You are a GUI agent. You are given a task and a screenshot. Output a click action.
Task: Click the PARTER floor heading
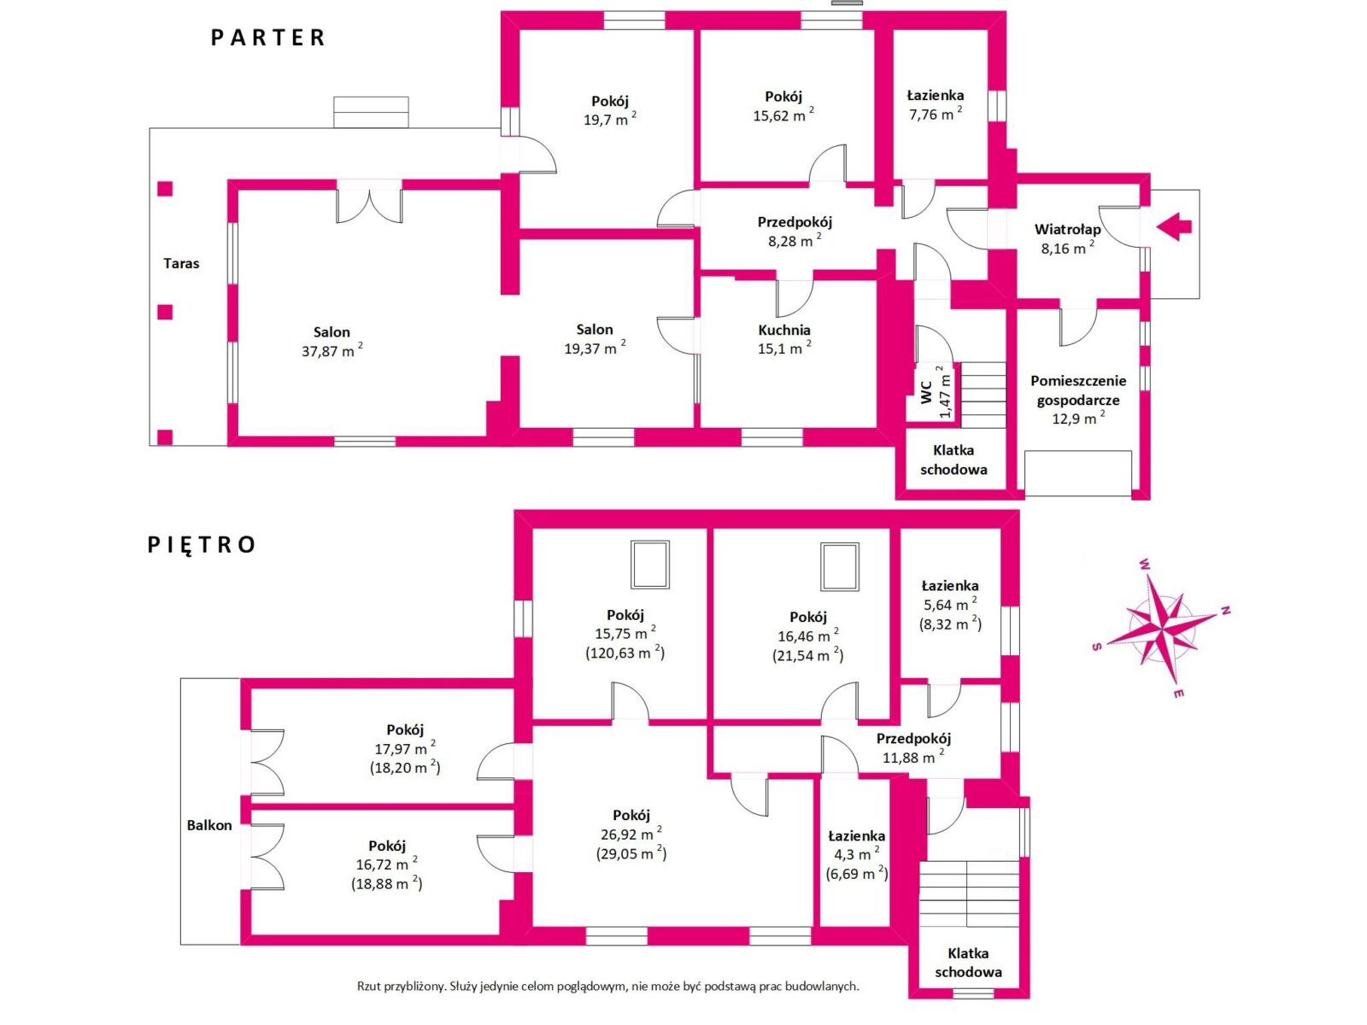[x=267, y=38]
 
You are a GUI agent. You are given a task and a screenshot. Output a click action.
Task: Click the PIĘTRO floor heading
[x=201, y=545]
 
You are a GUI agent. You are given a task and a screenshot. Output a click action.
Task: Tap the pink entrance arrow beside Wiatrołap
[x=1174, y=226]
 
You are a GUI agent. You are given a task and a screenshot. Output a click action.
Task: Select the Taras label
[x=181, y=263]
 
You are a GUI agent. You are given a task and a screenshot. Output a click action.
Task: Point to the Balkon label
[x=209, y=825]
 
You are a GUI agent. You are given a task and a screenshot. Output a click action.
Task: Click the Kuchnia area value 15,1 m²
[x=784, y=348]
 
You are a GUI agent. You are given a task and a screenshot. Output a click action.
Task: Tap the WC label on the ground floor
[x=927, y=392]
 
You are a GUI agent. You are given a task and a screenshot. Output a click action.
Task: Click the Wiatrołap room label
[x=1067, y=229]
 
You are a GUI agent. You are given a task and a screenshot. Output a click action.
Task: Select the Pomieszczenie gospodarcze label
[x=1078, y=390]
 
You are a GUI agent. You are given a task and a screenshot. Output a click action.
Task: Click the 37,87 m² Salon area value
[x=332, y=350]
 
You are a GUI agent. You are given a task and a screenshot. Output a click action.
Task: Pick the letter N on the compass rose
[x=1225, y=611]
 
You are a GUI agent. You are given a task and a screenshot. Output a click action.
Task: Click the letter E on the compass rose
[x=1177, y=694]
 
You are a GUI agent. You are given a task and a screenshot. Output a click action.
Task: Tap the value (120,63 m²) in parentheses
[x=625, y=653]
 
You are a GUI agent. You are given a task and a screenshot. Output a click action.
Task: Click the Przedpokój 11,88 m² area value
[x=913, y=758]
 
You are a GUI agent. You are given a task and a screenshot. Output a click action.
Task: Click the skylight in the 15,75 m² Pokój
[x=649, y=565]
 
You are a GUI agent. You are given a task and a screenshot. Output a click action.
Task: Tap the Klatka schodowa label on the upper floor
[x=968, y=963]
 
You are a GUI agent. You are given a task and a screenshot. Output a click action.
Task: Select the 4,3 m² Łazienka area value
[x=857, y=855]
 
